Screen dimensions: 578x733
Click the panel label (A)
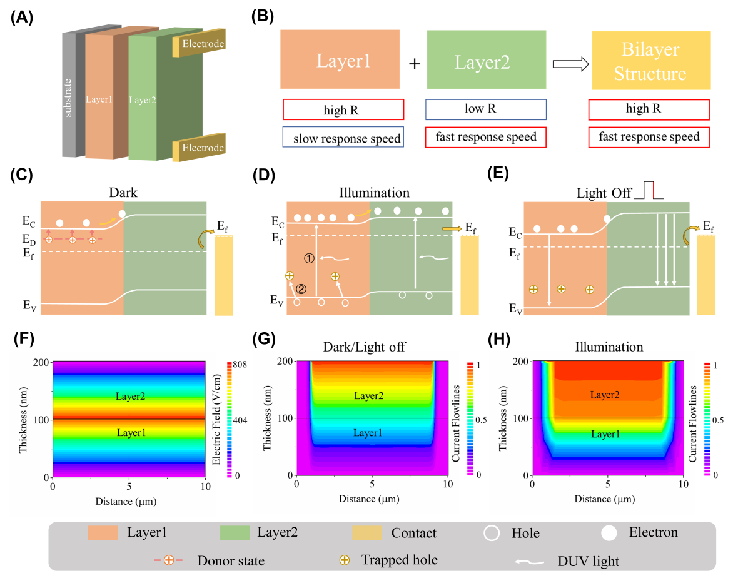click(x=23, y=18)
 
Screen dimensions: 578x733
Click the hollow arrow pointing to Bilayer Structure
click(x=571, y=63)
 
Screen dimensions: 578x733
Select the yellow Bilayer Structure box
click(x=650, y=62)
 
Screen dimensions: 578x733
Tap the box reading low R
click(x=485, y=109)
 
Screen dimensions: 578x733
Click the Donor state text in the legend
click(x=230, y=560)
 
